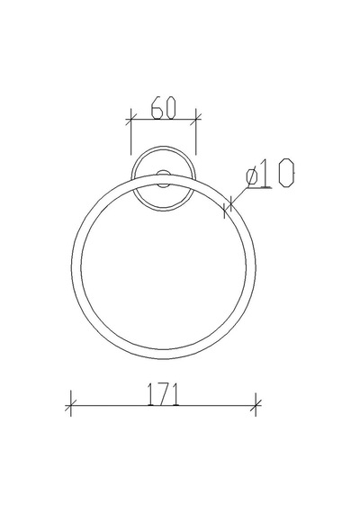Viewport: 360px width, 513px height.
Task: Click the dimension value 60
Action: tap(164, 107)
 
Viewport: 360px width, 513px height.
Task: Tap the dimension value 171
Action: tap(163, 394)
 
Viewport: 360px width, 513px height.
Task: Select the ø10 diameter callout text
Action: tap(270, 173)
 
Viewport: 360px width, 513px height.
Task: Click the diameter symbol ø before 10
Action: tap(252, 177)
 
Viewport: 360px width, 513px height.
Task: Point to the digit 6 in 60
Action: tap(157, 107)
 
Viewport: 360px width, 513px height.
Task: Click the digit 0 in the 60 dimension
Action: tap(170, 107)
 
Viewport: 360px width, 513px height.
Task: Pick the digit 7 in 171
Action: tap(163, 394)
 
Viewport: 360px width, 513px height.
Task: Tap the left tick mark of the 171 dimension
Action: tap(71, 405)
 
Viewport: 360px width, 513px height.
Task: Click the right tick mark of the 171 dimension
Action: tap(256, 405)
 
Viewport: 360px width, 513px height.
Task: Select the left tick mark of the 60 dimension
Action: tap(130, 120)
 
